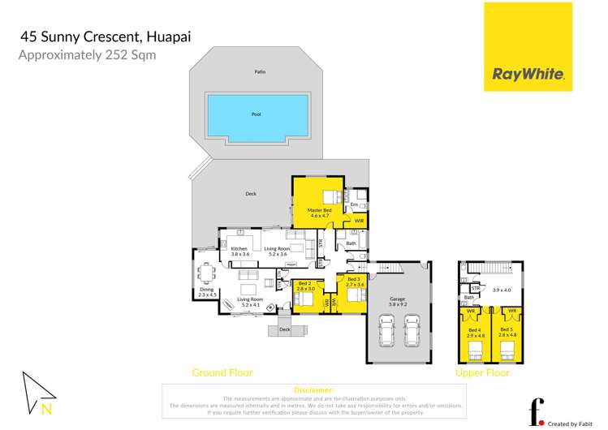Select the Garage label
click(x=397, y=302)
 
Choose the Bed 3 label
click(x=356, y=282)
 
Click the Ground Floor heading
click(x=222, y=372)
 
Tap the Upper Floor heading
click(x=482, y=372)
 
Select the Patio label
click(x=260, y=72)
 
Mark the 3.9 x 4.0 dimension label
click(x=503, y=290)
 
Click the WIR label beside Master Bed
click(x=358, y=221)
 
